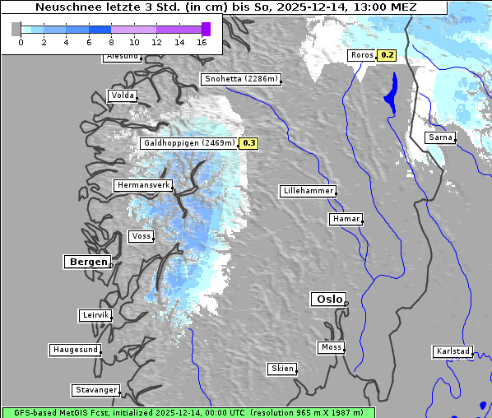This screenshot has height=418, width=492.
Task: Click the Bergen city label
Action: (86, 262)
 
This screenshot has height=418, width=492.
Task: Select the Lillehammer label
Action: (308, 191)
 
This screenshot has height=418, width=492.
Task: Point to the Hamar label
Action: (345, 219)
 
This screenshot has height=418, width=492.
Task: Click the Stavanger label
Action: (95, 390)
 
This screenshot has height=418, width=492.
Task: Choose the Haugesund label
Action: (75, 350)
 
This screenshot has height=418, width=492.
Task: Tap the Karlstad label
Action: (453, 351)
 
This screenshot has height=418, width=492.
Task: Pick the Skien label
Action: (282, 369)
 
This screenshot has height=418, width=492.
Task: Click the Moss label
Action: (331, 347)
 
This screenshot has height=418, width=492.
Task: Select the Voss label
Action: (141, 236)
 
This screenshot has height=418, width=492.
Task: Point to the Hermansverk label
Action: (143, 186)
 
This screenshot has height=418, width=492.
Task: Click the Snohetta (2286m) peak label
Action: (241, 80)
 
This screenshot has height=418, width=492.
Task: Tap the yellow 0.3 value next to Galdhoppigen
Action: (249, 143)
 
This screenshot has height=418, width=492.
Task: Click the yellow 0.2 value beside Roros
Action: (387, 55)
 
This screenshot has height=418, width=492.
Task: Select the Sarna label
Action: (440, 137)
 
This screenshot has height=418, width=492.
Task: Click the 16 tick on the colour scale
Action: (202, 42)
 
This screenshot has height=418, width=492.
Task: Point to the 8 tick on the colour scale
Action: (111, 42)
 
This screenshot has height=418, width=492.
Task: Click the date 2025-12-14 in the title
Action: (319, 7)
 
